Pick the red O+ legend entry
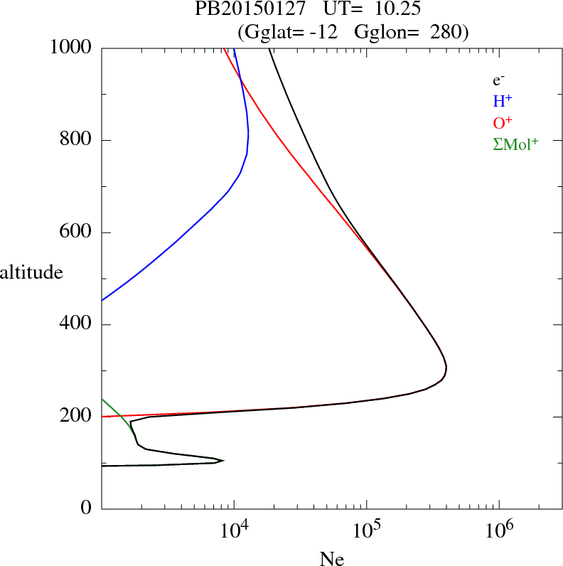pyautogui.click(x=501, y=122)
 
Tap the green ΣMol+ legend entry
pyautogui.click(x=515, y=144)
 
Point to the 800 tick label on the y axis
pyautogui.click(x=76, y=140)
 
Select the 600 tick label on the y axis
pyautogui.click(x=76, y=233)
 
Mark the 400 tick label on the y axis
pyautogui.click(x=76, y=324)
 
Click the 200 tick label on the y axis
pyautogui.click(x=76, y=417)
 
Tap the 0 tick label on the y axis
pyautogui.click(x=86, y=508)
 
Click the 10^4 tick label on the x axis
pyautogui.click(x=234, y=531)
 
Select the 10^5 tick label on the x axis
pyautogui.click(x=366, y=531)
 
